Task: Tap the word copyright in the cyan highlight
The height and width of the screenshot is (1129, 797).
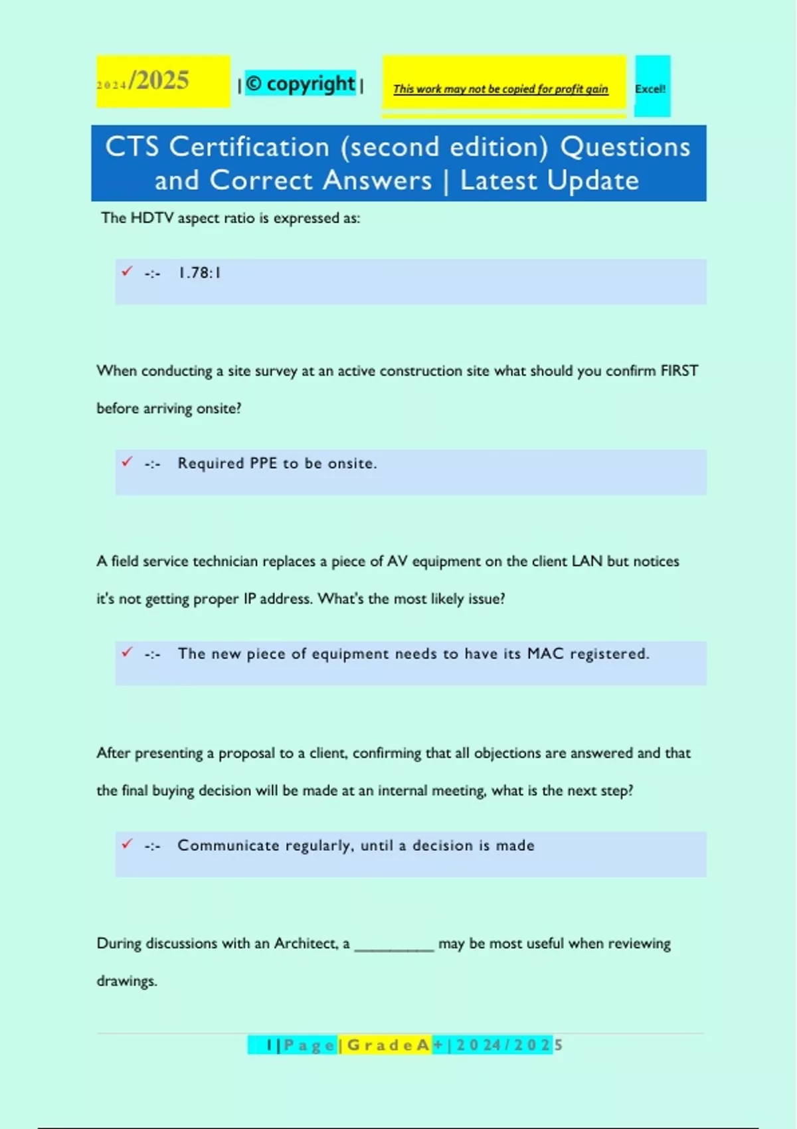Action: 311,84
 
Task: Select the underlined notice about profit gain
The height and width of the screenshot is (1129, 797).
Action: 500,89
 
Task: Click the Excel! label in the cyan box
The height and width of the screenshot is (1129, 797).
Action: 650,89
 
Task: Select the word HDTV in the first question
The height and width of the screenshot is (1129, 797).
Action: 152,218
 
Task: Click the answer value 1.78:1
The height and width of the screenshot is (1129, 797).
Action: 199,273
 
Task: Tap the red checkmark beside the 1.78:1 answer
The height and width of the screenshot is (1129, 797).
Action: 127,271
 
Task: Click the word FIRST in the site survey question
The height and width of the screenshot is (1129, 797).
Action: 679,371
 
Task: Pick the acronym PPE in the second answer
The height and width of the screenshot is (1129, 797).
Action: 263,464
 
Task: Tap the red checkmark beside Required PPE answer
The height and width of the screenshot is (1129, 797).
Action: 127,462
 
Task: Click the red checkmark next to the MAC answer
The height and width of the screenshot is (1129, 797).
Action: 127,652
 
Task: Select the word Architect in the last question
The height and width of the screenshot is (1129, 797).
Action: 306,944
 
